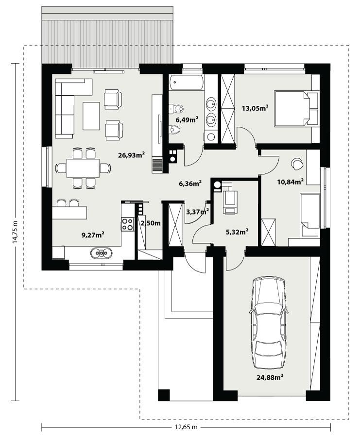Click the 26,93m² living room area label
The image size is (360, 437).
coord(132,155)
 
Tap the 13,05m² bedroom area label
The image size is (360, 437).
coord(256,108)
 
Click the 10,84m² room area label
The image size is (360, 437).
coord(290,182)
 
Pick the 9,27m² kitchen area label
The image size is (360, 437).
coord(93,235)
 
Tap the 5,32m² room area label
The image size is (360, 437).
coord(238,232)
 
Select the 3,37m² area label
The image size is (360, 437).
coord(198,211)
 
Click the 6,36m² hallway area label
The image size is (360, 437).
coord(190,184)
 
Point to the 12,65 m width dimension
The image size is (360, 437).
coord(186,427)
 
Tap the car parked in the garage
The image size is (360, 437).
coord(268,323)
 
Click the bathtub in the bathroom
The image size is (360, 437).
coord(187,83)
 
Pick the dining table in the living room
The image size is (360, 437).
coord(83,168)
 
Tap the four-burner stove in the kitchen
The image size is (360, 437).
coord(127,224)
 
